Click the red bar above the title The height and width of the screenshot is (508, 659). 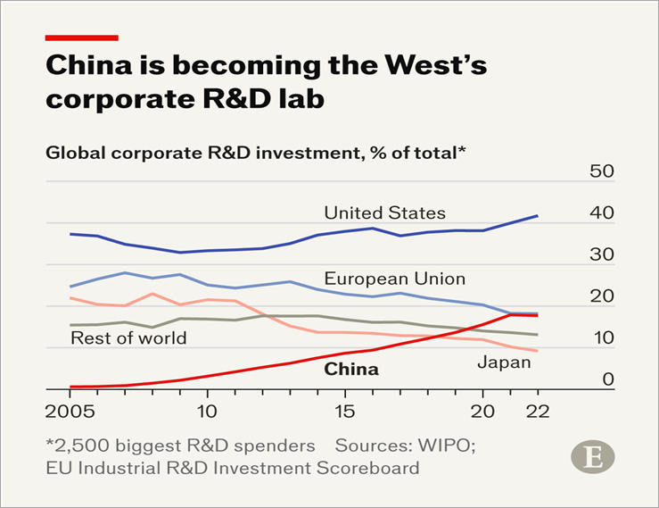point(81,37)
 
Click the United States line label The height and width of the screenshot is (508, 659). point(384,212)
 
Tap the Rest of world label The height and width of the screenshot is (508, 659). point(128,337)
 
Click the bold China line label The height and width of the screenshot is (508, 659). point(350,369)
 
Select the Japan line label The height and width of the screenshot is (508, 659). point(504,362)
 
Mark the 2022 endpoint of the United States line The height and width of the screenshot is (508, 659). point(538,215)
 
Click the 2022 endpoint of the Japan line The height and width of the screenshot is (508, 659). point(538,351)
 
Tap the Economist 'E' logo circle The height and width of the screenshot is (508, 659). point(591,457)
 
